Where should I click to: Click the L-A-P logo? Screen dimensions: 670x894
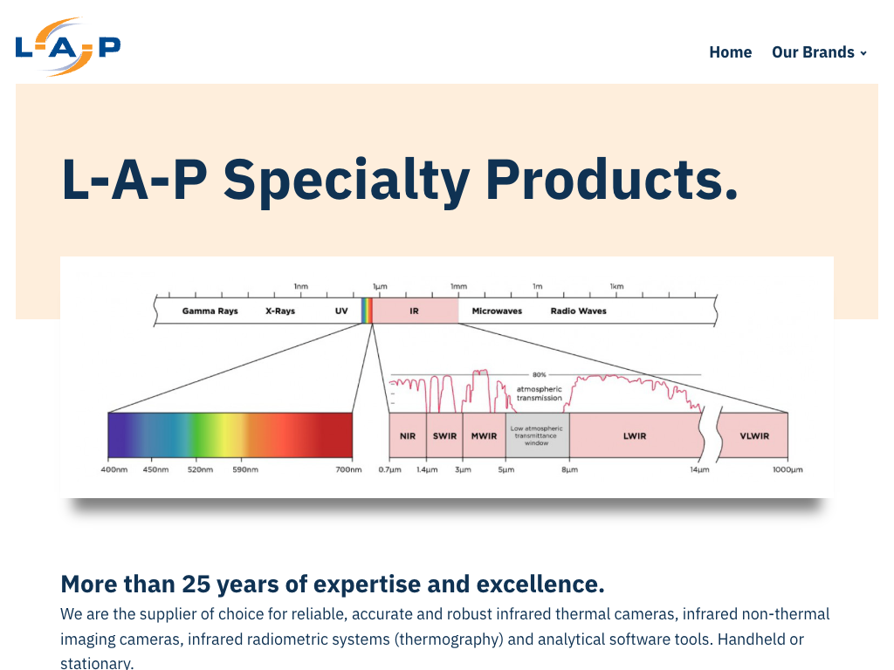coord(68,47)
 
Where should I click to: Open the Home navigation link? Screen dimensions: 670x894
coord(730,52)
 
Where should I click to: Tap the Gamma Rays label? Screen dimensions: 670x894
coord(210,311)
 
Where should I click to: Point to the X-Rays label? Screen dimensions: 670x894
coord(280,311)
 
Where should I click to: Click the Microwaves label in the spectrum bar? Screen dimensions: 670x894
coord(497,311)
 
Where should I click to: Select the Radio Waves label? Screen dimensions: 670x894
coord(578,311)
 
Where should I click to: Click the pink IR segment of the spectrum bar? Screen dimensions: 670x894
coord(415,311)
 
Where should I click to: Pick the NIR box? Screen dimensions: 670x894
coord(408,436)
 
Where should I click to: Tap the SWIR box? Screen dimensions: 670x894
coord(444,436)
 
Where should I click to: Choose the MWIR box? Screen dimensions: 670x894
coord(484,436)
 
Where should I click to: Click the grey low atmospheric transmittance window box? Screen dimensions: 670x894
coord(537,436)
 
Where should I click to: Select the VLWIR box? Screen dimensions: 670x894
coord(754,436)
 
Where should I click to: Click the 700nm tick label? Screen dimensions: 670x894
coord(349,470)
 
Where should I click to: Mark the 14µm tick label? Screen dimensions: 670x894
coord(699,470)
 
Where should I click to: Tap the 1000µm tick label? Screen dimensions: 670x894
coord(786,470)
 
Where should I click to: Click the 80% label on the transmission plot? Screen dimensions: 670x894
coord(539,375)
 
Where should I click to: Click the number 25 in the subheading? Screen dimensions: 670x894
coord(196,584)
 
